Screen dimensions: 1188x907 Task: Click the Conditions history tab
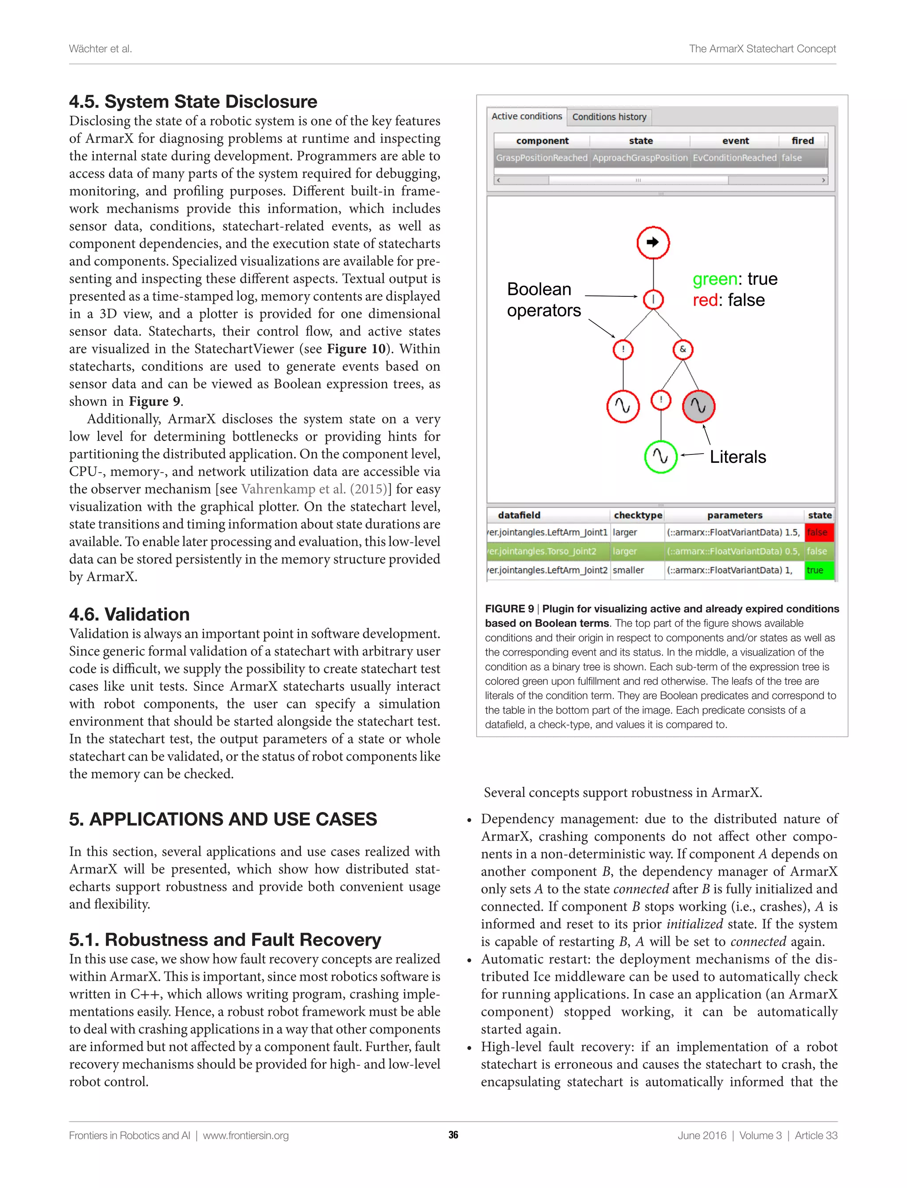pyautogui.click(x=609, y=116)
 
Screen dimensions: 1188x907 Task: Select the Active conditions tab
pyautogui.click(x=527, y=116)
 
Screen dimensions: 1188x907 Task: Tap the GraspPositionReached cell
pyautogui.click(x=542, y=158)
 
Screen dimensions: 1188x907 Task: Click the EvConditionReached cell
pyautogui.click(x=734, y=158)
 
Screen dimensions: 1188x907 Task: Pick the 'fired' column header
pyautogui.click(x=802, y=140)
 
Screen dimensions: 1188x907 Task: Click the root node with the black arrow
pyautogui.click(x=653, y=242)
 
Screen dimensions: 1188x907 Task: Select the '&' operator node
pyautogui.click(x=683, y=349)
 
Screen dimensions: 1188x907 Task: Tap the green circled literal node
pyautogui.click(x=660, y=456)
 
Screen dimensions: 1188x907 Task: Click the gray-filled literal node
pyautogui.click(x=698, y=406)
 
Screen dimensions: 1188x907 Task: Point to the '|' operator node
pyautogui.click(x=653, y=299)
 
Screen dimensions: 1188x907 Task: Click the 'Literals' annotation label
pyautogui.click(x=737, y=457)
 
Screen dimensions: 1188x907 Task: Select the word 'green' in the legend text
pyautogui.click(x=714, y=279)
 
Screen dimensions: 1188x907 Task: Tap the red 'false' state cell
pyautogui.click(x=818, y=532)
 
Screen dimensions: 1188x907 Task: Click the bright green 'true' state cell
pyautogui.click(x=818, y=570)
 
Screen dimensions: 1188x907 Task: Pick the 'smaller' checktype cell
pyautogui.click(x=628, y=570)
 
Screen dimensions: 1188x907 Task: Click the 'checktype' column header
pyautogui.click(x=638, y=515)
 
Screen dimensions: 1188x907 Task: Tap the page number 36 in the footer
pyautogui.click(x=453, y=1135)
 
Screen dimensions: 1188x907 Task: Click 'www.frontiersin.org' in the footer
pyautogui.click(x=246, y=1136)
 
